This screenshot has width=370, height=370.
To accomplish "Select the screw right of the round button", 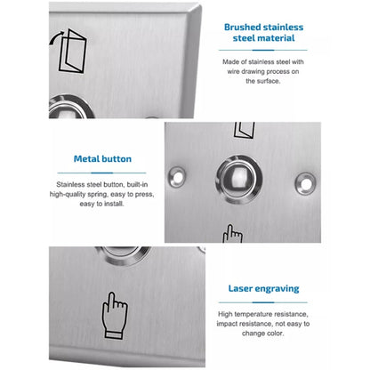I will pos(310,181).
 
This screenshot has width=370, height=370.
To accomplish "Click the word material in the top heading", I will pos(287,38).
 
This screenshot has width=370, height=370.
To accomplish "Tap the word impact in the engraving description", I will pos(238,324).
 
